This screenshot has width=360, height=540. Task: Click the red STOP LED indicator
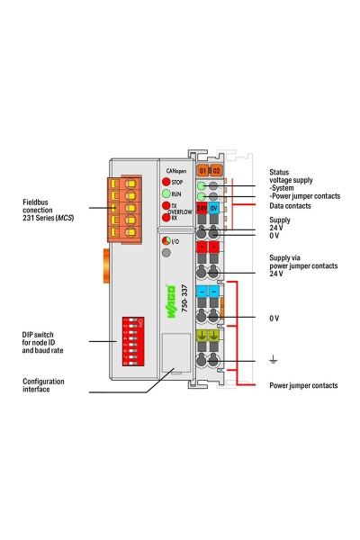166,182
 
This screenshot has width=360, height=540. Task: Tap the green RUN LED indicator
166,193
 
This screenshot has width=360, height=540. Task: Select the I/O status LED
166,241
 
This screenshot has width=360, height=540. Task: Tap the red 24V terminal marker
202,207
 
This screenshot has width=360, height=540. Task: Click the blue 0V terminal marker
215,207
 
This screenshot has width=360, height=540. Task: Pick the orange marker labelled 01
203,169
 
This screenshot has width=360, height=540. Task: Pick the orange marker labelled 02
216,169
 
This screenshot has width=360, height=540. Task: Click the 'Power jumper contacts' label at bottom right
303,385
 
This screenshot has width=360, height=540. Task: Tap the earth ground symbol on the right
274,364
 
